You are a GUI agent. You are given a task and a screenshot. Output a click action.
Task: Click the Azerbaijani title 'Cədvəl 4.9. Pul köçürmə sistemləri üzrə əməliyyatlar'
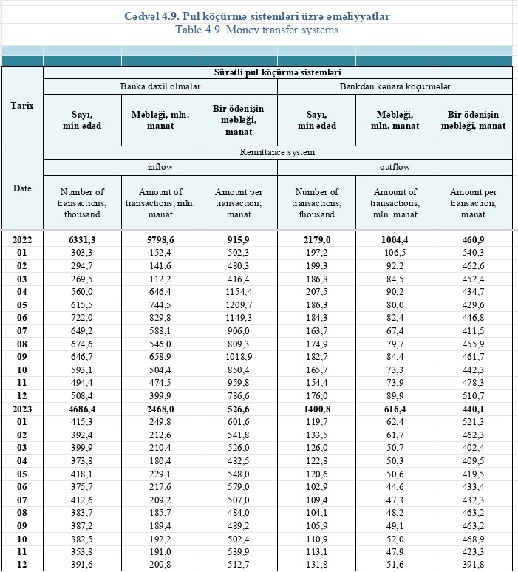[x=259, y=16]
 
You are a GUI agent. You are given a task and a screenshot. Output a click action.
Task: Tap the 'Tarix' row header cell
[x=22, y=105]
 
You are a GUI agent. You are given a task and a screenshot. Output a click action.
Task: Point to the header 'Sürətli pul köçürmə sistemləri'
[x=278, y=73]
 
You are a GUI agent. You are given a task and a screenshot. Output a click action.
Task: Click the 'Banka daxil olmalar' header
[x=160, y=86]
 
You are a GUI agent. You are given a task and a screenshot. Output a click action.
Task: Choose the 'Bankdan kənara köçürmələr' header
[x=395, y=86]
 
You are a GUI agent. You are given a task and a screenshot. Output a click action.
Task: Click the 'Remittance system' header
[x=278, y=151]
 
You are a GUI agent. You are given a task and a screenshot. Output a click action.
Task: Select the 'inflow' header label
[x=160, y=167]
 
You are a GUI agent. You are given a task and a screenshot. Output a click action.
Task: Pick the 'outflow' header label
[x=395, y=167]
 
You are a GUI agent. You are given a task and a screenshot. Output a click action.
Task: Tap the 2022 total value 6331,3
[x=82, y=239]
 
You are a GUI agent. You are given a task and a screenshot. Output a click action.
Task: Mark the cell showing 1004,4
[x=395, y=239]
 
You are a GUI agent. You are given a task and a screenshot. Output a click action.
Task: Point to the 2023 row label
[x=22, y=409]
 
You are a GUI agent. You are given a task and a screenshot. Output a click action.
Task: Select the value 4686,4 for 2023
[x=82, y=409]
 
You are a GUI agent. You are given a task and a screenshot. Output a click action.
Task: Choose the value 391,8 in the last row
[x=473, y=563]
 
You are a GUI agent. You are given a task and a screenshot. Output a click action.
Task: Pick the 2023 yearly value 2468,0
[x=160, y=409]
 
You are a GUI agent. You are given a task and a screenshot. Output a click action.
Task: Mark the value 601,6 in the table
[x=239, y=422]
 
